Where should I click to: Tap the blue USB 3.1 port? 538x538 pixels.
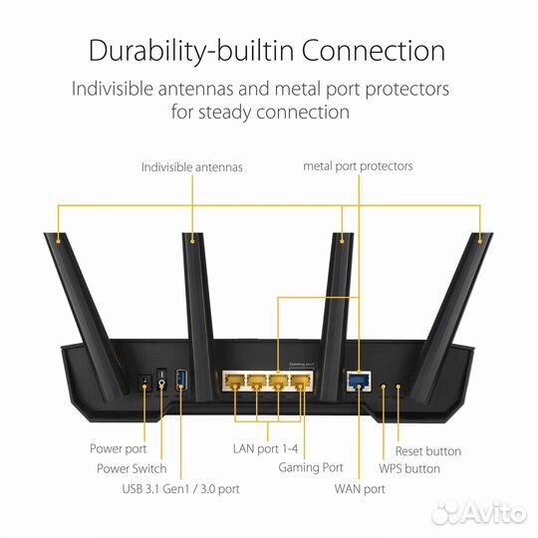pos(181,379)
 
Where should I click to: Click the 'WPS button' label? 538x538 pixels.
pos(408,468)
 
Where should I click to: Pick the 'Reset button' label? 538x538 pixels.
pos(429,450)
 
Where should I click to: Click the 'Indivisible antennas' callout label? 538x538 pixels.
pos(191,166)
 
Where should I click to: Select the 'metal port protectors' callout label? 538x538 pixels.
pos(358,166)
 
